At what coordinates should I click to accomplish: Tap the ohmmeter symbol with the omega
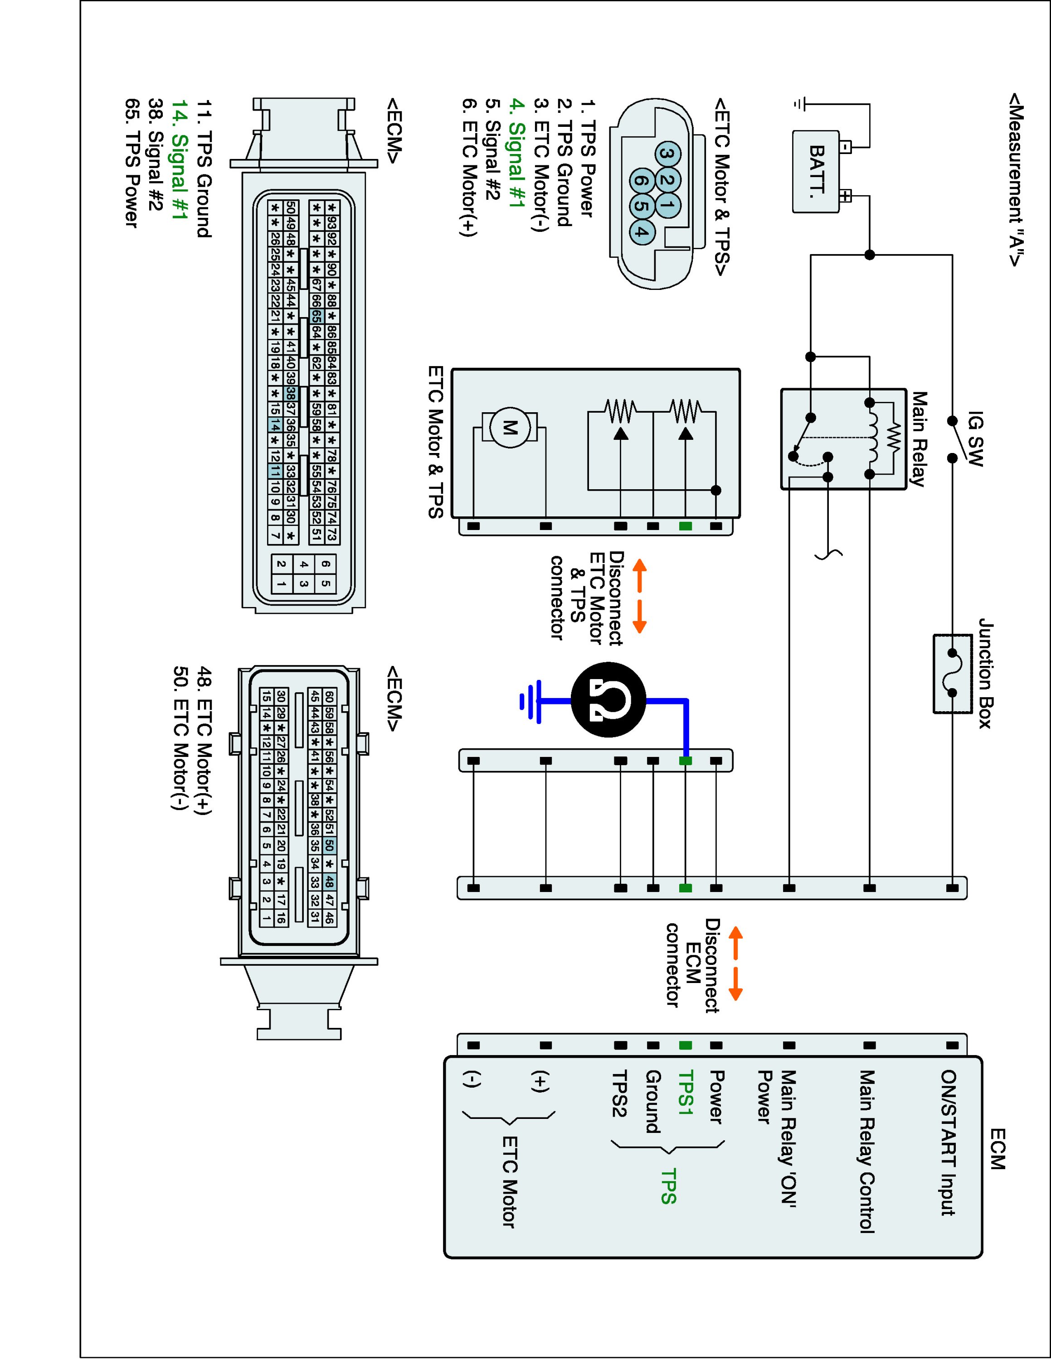(608, 701)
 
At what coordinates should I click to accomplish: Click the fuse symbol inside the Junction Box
(952, 673)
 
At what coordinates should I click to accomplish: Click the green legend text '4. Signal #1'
(516, 164)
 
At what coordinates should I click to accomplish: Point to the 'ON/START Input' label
(948, 1142)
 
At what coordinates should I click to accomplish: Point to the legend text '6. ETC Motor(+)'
(469, 167)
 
